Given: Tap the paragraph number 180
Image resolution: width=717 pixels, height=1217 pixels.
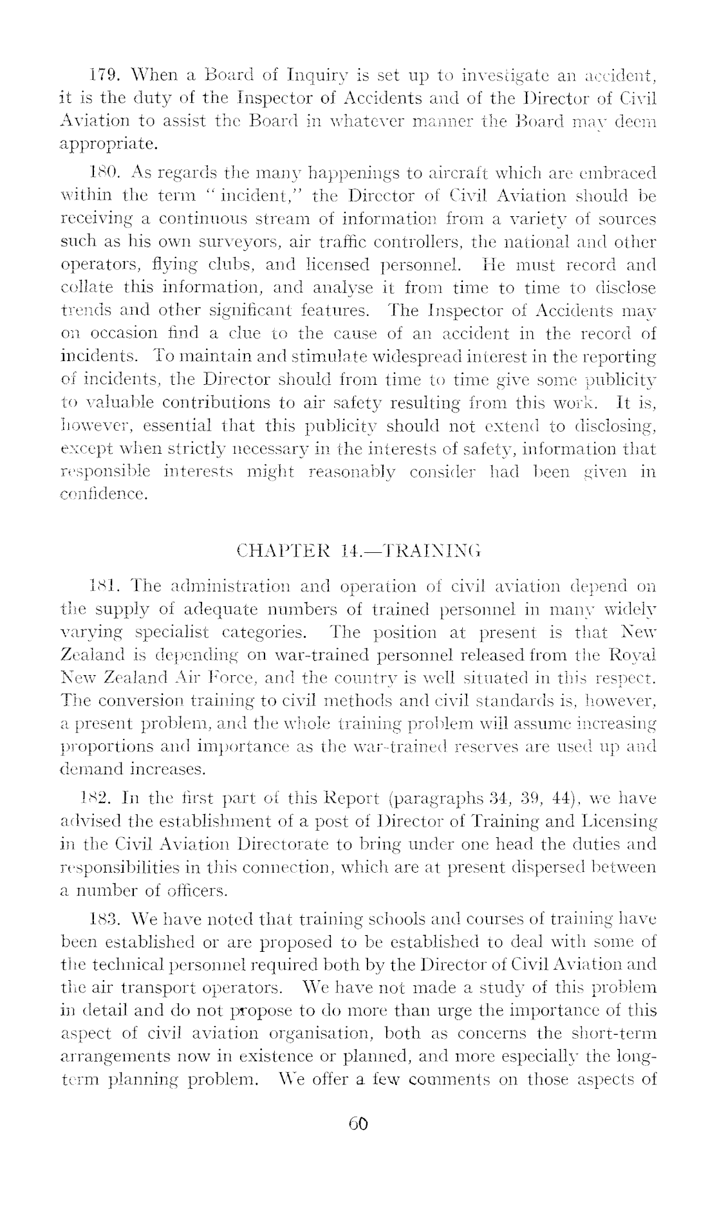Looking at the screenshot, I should [100, 173].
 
